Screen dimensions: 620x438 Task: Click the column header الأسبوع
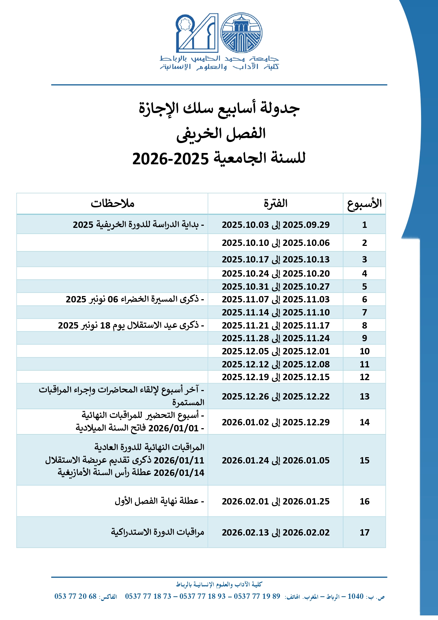pos(364,204)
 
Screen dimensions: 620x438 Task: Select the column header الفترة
pos(276,203)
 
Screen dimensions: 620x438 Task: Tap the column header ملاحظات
pos(112,203)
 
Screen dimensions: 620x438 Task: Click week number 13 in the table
pos(365,396)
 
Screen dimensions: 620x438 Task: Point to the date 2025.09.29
pos(306,225)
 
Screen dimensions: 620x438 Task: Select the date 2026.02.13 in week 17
pos(245,532)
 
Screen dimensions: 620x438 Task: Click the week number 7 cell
pos(365,312)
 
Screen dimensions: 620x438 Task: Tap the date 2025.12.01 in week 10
pos(306,351)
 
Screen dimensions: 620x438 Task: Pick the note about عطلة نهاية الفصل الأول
pos(159,501)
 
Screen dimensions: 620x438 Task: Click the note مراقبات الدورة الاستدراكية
pos(158,532)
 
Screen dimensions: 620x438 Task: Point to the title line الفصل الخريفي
pos(221,134)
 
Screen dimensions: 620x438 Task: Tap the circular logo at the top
pos(242,33)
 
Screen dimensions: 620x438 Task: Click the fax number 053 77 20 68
pos(76,596)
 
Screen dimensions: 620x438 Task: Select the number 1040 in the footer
pos(355,596)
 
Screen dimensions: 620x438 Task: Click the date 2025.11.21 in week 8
pos(245,325)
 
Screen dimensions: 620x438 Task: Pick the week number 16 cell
pos(365,501)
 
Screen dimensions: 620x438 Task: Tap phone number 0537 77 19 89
pos(257,596)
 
